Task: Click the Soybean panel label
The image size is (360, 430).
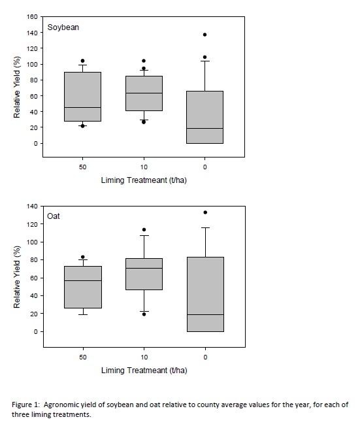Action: click(63, 28)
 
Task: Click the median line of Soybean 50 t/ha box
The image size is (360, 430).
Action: click(82, 108)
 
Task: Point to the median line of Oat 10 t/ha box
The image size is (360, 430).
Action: click(144, 269)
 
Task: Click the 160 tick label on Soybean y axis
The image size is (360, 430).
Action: click(31, 16)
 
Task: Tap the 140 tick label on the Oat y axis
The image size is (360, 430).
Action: click(31, 206)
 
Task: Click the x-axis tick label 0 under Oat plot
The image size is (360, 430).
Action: click(205, 357)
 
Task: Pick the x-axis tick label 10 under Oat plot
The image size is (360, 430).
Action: click(144, 357)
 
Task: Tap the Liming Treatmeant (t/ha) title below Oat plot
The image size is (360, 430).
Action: click(143, 371)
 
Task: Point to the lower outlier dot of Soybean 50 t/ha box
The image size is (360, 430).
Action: click(82, 125)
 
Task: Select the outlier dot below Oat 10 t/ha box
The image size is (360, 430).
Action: click(144, 314)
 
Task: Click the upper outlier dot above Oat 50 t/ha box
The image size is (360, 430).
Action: click(82, 257)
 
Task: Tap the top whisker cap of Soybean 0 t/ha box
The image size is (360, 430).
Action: click(205, 61)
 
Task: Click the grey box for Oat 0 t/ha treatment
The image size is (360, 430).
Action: click(205, 294)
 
